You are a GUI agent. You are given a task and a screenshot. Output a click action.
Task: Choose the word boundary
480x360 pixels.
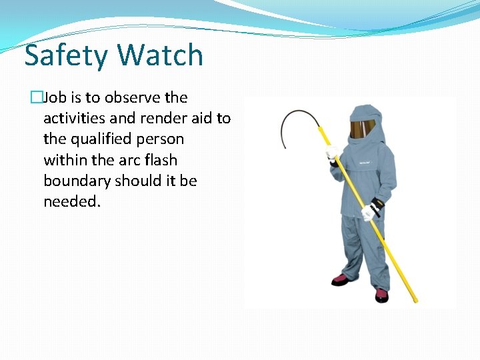pos(77,181)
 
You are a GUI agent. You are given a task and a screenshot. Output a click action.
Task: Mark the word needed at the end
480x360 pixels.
pos(71,202)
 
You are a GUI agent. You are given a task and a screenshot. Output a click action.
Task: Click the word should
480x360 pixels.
pos(137,181)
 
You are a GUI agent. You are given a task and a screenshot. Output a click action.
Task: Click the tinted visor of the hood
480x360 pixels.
pos(363,129)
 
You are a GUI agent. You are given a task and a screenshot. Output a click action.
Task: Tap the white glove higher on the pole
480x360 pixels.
pos(333,153)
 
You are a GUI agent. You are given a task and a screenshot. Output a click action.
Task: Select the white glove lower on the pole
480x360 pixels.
pos(369,211)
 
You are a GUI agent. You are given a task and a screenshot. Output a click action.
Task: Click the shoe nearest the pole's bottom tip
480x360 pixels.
pos(381,294)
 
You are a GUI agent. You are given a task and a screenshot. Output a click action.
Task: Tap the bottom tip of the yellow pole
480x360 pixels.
pos(415,300)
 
